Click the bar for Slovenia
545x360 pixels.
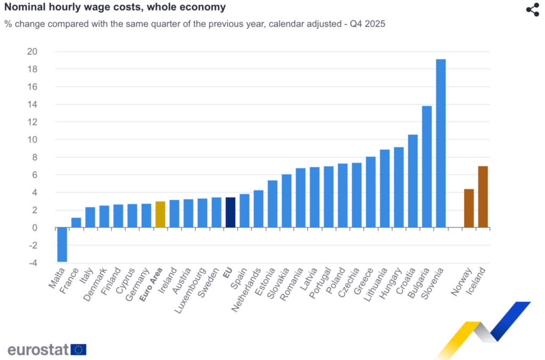coord(441,143)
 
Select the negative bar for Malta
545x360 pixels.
coord(62,244)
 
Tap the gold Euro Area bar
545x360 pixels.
coord(160,215)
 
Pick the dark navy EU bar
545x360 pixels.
coord(230,212)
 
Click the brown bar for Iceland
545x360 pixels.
coord(483,197)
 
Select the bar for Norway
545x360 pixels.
coord(469,208)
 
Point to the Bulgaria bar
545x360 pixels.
coord(427,167)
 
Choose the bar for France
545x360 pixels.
coord(76,223)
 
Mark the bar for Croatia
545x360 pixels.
coord(412,181)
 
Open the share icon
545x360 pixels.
coord(532,10)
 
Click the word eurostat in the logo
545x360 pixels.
coord(38,349)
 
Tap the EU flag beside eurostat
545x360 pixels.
coord(78,349)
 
